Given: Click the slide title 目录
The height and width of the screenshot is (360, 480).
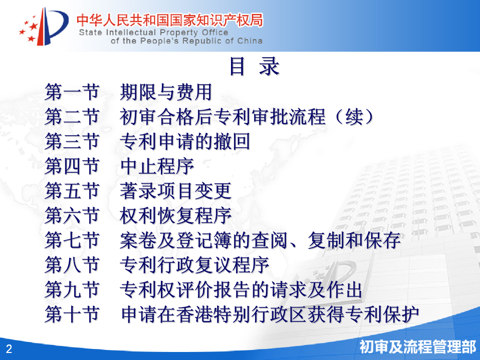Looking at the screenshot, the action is tap(255, 66).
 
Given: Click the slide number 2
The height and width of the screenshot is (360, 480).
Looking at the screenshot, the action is tap(9, 348).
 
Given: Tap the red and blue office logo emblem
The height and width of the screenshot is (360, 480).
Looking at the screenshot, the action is tap(44, 27).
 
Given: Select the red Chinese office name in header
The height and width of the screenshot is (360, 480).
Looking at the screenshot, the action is tap(169, 20).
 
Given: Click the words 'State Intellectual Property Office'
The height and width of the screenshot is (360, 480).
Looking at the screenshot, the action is tap(153, 33).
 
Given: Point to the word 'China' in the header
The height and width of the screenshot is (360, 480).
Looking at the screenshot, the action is tap(250, 41).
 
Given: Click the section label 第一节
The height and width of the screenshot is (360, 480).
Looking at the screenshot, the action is tap(72, 92).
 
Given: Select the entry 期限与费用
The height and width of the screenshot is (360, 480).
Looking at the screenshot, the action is tap(166, 92).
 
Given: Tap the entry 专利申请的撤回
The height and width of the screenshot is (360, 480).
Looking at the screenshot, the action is tap(185, 141).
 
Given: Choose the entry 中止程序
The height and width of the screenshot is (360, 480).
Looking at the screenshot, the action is tap(157, 166).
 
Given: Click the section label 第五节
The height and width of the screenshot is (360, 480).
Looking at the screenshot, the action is tap(72, 191).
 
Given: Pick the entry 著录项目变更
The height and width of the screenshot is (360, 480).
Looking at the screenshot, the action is tap(175, 191).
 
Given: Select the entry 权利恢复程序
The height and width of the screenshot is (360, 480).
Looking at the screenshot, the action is tap(175, 215).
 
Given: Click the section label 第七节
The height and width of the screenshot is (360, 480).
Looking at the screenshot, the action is tap(72, 240).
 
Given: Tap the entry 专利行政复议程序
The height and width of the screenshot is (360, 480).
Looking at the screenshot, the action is tap(194, 265).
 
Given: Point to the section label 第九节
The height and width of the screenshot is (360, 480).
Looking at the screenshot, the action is tap(72, 289).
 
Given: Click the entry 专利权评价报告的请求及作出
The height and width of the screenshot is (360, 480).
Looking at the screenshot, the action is tap(241, 289).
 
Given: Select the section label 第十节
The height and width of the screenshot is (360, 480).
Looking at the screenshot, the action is tap(72, 314).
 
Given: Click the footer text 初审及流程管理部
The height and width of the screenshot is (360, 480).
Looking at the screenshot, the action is tap(417, 347).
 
